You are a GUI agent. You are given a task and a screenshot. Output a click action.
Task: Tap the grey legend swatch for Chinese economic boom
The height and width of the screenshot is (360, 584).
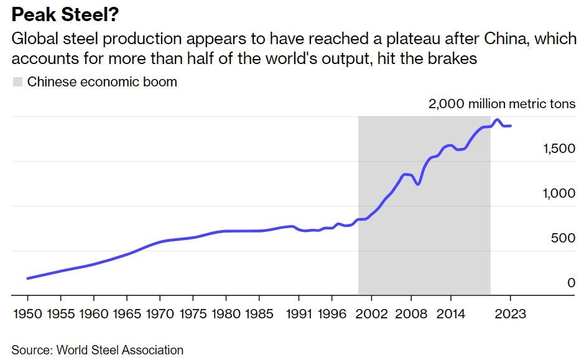tap(17, 82)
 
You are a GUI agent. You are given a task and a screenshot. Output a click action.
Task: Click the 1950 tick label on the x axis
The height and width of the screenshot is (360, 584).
tap(27, 313)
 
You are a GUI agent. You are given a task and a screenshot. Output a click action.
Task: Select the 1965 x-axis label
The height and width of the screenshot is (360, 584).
tap(126, 313)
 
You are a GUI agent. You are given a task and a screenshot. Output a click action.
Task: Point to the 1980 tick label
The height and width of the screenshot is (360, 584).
tap(225, 313)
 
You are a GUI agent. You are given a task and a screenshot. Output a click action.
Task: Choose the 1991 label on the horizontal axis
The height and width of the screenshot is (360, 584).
tap(297, 313)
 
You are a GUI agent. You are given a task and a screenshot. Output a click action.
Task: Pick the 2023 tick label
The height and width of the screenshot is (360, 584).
tap(511, 313)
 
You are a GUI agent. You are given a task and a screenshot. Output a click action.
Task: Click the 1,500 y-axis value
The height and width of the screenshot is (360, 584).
tap(559, 149)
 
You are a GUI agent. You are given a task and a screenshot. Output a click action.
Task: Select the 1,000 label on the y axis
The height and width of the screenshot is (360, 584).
tap(559, 193)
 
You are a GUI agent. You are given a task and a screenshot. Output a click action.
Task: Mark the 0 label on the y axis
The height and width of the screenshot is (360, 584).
tap(571, 283)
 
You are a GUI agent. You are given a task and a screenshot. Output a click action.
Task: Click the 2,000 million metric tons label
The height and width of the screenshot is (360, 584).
tap(501, 104)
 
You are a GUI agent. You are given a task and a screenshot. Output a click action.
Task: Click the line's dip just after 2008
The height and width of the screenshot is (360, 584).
tap(418, 184)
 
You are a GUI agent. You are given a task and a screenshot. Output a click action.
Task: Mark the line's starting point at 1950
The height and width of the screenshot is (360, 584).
tap(27, 279)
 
